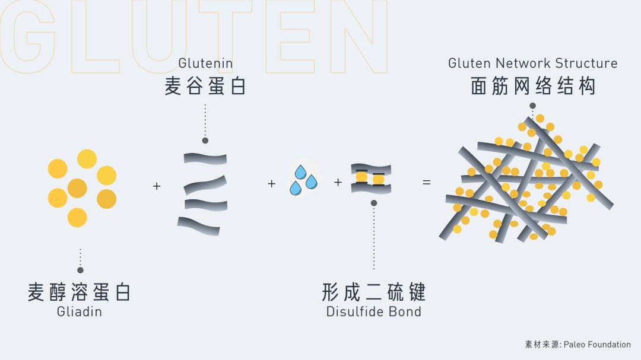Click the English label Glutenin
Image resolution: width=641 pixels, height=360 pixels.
pos(205,63)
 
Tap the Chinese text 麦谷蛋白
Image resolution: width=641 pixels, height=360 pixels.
pos(205,87)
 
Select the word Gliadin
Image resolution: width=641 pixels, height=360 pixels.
pos(80,311)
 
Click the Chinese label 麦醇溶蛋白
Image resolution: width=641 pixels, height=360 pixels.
pos(80,292)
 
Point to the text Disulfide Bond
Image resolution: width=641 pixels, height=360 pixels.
pos(373,311)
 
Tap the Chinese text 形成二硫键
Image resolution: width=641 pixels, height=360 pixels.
pos(373,292)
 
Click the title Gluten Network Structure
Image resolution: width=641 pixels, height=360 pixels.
pos(532,63)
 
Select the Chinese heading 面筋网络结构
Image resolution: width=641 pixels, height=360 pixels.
pos(532,87)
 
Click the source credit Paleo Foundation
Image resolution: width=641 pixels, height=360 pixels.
pos(597,344)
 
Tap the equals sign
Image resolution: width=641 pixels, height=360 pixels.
pos(426,183)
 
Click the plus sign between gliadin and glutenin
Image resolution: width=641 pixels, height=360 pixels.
pos(157,186)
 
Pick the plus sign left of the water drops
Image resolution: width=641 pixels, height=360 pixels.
pos(272,184)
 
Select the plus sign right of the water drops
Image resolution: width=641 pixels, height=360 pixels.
pos(338,183)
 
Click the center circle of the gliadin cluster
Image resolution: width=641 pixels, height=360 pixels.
pos(77,189)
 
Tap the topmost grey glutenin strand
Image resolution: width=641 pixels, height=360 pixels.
pos(205,158)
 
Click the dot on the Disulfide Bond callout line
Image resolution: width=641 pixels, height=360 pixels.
pos(373,203)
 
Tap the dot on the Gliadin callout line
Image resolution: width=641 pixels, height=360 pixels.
pos(80,270)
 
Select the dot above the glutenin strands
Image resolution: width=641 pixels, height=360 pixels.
pos(205,141)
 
